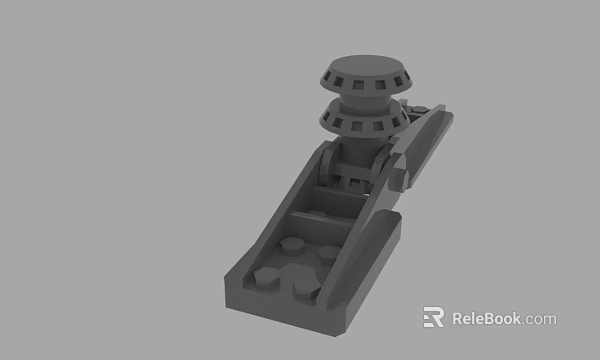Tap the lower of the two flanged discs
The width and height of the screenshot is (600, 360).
[x=360, y=122]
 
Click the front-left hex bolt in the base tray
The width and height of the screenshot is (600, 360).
[x=267, y=279]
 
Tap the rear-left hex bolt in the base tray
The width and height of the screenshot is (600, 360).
[x=291, y=245]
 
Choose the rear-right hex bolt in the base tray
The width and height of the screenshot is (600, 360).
[x=326, y=252]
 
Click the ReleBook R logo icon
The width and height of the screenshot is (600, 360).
[x=433, y=318]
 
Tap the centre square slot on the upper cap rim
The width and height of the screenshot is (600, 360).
[x=361, y=81]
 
